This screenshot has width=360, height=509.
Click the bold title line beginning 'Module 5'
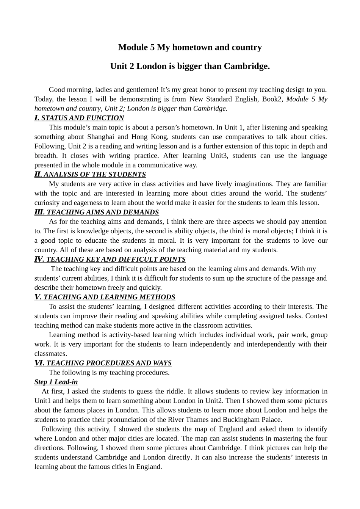pyautogui.click(x=190, y=47)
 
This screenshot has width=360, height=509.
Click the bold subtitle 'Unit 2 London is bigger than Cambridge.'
pyautogui.click(x=190, y=66)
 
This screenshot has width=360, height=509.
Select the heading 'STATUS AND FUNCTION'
pyautogui.click(x=83, y=118)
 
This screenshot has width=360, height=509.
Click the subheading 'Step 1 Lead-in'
pyautogui.click(x=56, y=382)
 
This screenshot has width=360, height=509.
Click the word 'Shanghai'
pyautogui.click(x=100, y=137)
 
